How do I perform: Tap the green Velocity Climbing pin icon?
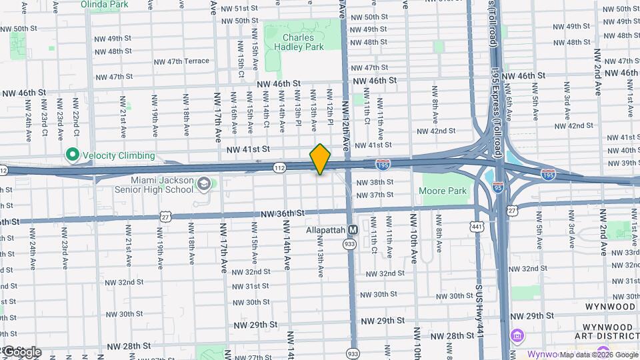(x=73, y=156)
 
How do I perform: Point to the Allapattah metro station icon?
(x=353, y=230)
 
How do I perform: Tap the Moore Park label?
(x=442, y=191)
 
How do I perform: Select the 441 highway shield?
(x=477, y=227)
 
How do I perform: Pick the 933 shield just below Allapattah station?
(x=349, y=245)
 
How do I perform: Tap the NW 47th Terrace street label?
(x=181, y=61)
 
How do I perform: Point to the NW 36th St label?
(x=282, y=213)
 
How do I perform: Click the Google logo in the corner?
(x=22, y=351)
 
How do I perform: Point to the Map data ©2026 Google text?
(x=598, y=355)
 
